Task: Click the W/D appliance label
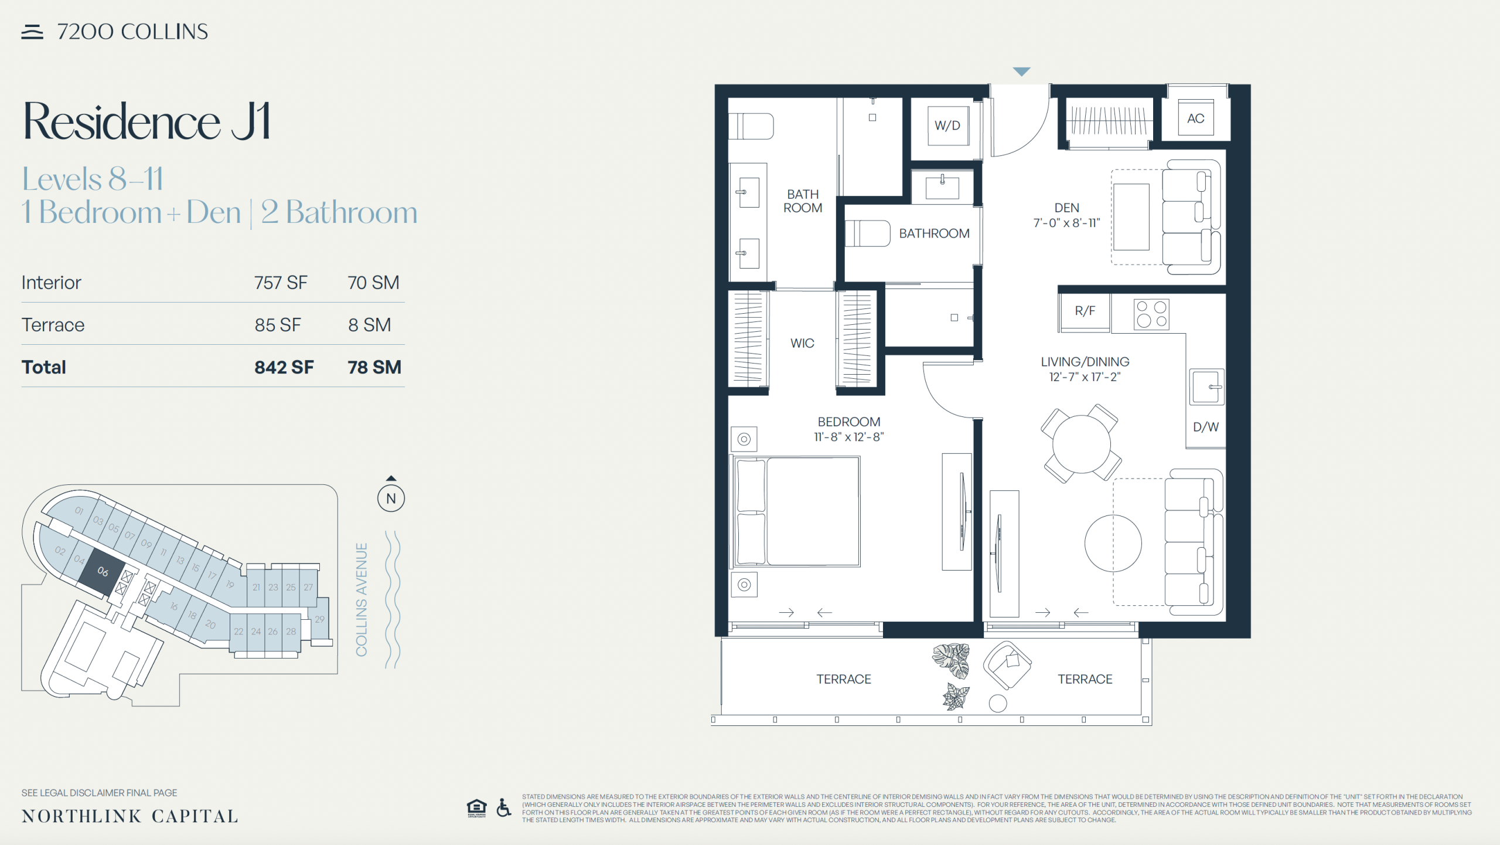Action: [947, 125]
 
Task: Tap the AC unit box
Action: [1195, 118]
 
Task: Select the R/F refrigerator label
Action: [1085, 311]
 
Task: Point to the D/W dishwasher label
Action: [1206, 427]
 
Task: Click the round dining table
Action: [1081, 443]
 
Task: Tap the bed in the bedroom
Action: [797, 511]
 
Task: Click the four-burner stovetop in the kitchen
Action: [1151, 314]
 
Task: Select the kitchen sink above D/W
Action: [1206, 387]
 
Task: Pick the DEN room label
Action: [1066, 208]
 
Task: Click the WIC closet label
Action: [802, 343]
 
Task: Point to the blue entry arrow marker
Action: [1021, 72]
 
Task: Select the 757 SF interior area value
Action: [281, 283]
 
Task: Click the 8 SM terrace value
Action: [369, 325]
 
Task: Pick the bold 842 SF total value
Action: [284, 367]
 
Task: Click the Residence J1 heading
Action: [146, 121]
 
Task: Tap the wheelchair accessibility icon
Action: [503, 807]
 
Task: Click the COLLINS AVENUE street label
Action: [362, 599]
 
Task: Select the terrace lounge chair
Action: [1007, 665]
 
